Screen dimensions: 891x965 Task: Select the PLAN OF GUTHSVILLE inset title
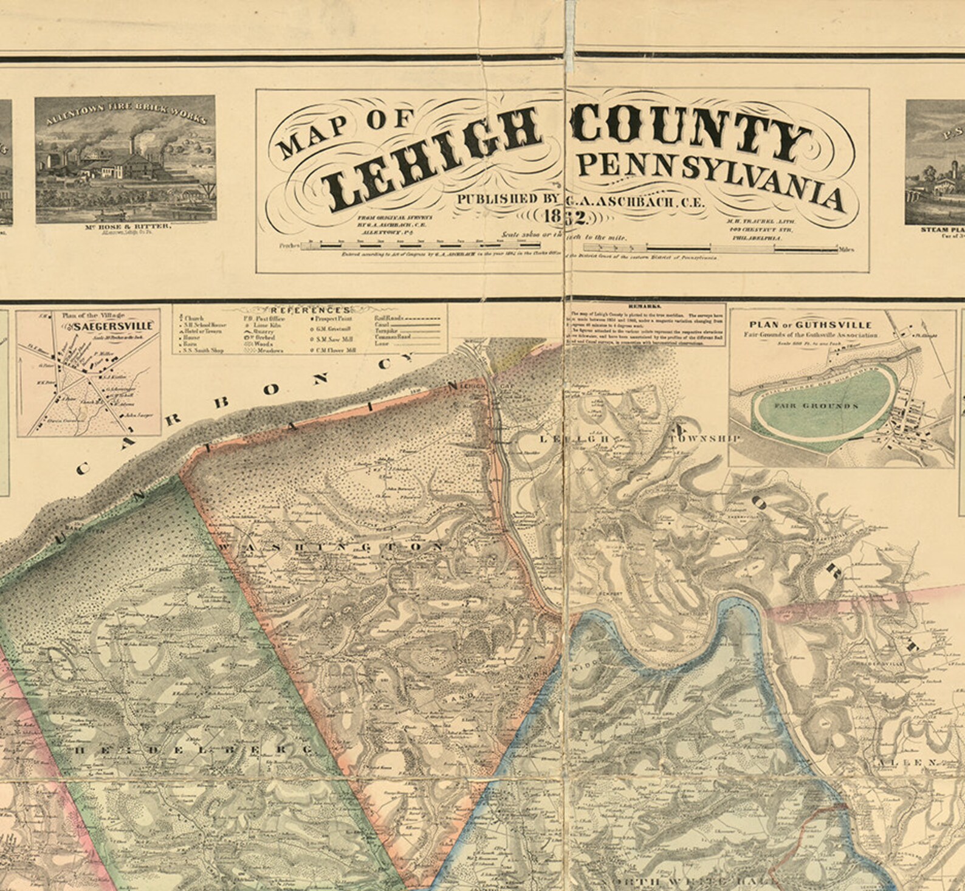pos(811,325)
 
